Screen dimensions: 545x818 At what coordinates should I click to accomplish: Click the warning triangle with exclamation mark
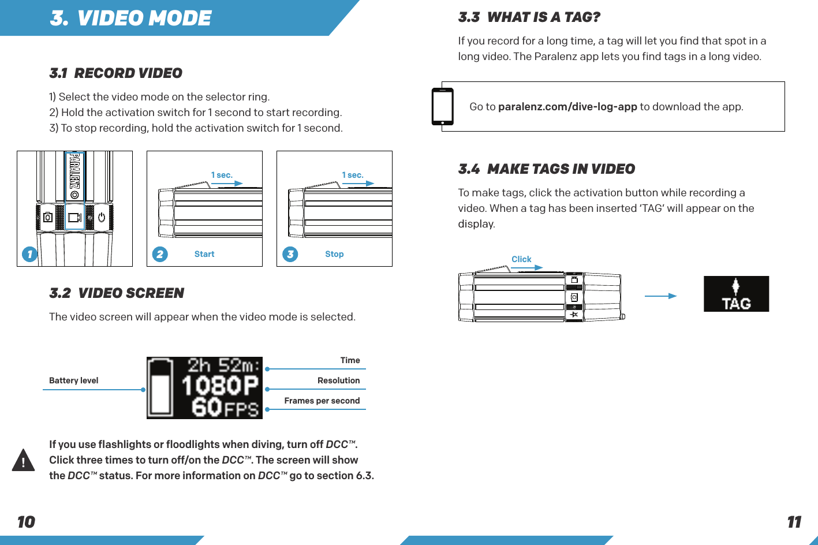[23, 460]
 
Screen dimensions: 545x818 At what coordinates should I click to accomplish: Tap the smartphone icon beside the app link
[443, 107]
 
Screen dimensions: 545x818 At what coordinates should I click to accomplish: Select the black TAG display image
[736, 294]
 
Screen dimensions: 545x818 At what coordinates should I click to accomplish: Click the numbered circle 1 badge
[29, 254]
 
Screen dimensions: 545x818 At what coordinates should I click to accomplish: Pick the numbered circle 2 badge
[160, 254]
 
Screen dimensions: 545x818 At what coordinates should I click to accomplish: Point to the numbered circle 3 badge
[290, 254]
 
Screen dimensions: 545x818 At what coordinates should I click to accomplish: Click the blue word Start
[204, 254]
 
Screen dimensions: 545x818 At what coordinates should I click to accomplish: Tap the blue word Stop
[334, 254]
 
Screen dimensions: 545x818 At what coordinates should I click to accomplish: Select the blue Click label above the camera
[521, 259]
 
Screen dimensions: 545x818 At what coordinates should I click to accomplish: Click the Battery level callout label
[74, 380]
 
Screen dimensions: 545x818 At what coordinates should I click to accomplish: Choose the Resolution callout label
[338, 380]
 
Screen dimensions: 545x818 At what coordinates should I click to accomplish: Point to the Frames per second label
[322, 401]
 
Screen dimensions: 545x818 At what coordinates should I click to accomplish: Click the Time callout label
[350, 360]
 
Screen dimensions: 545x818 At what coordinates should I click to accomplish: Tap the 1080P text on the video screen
[220, 386]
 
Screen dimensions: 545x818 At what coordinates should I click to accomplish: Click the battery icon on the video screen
[160, 387]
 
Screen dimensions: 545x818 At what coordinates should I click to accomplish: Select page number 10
[26, 522]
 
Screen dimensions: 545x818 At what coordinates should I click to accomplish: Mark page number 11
[794, 522]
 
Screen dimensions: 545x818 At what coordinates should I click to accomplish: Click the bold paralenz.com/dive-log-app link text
[567, 107]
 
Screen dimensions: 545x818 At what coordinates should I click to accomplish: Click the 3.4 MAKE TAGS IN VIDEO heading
[546, 169]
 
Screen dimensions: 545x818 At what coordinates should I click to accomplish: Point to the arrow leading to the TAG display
[660, 296]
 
